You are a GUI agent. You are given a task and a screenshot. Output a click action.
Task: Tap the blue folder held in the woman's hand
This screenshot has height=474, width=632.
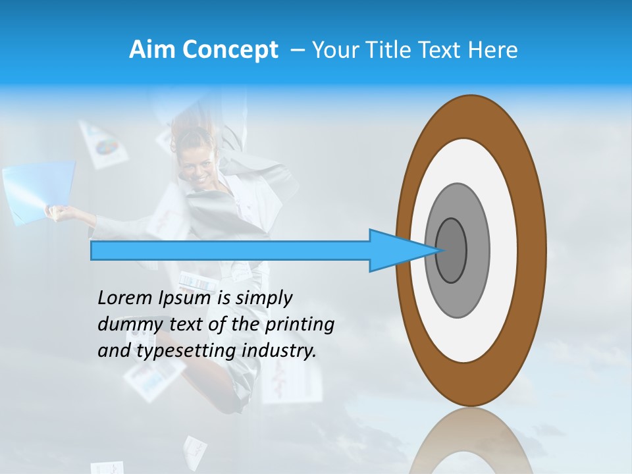point(36,192)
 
